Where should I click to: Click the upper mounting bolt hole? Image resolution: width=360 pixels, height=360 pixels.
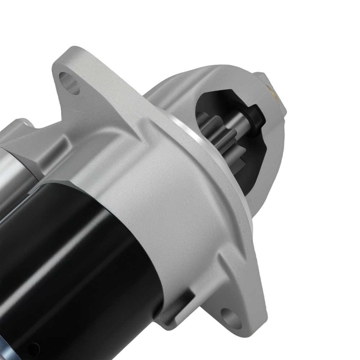coord(69,82)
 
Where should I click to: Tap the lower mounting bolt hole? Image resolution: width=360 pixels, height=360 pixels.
coord(231,317)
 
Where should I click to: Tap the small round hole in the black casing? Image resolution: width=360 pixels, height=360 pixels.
coord(33,349)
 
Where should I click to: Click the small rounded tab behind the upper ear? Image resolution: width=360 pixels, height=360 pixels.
coord(25,124)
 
